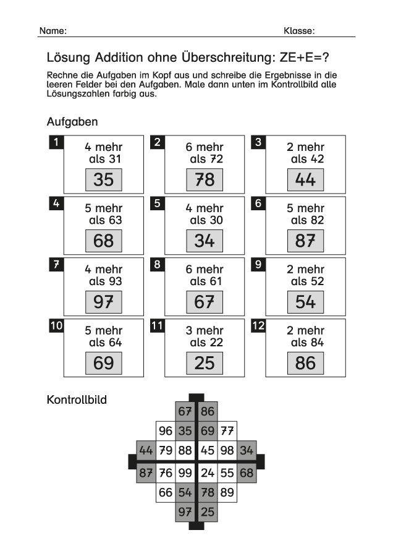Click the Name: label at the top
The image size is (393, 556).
point(53,31)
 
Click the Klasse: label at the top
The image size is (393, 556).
point(299,31)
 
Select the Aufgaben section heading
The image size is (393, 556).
point(72,122)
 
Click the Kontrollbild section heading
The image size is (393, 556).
point(77,400)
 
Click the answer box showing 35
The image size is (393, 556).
point(104,179)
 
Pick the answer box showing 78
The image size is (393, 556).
point(205,179)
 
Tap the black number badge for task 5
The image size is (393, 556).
point(157,203)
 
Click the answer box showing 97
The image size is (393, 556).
point(104,302)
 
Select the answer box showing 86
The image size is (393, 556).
point(305,362)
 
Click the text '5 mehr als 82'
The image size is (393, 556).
point(305,214)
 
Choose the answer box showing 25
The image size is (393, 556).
point(205,362)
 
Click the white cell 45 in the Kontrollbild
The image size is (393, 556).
point(208,451)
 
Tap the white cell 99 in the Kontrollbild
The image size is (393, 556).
point(185,473)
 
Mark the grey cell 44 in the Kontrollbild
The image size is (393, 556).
point(146,451)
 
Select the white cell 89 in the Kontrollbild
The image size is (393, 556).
point(227,492)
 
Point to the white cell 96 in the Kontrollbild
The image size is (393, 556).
point(165,431)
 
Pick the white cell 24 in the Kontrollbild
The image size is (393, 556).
point(208,473)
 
